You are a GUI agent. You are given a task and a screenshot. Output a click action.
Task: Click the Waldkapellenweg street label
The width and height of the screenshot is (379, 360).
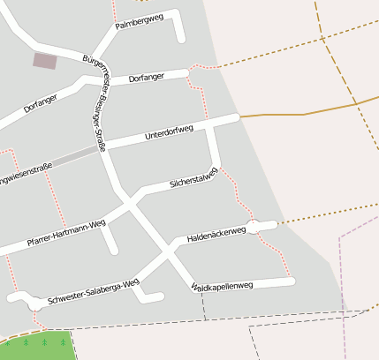click(222, 286)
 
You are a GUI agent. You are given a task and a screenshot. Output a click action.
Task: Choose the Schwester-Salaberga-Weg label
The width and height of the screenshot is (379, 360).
click(94, 289)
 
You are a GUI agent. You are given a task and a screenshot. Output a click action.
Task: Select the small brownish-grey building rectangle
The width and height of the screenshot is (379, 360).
click(44, 61)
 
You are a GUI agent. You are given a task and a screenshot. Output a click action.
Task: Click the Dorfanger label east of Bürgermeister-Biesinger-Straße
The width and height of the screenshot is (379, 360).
click(147, 79)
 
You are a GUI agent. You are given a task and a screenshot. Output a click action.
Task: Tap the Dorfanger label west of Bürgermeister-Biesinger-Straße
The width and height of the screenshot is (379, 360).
click(41, 103)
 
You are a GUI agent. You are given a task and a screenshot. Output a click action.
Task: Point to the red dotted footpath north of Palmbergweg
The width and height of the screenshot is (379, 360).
click(114, 11)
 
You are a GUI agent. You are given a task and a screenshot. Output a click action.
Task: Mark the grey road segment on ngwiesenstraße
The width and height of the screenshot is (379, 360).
click(75, 160)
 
